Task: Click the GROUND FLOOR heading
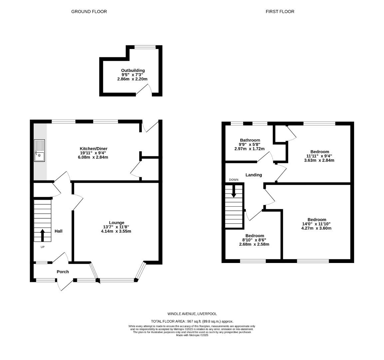pyautogui.click(x=89, y=12)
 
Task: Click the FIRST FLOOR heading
pyautogui.click(x=280, y=12)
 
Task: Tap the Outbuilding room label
pyautogui.click(x=133, y=70)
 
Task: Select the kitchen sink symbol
pyautogui.click(x=39, y=151)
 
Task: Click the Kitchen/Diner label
pyautogui.click(x=93, y=148)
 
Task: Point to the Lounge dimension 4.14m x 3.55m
pyautogui.click(x=116, y=231)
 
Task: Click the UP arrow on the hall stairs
pyautogui.click(x=42, y=235)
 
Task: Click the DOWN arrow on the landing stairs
pyautogui.click(x=233, y=191)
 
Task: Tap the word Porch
pyautogui.click(x=63, y=272)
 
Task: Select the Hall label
pyautogui.click(x=59, y=231)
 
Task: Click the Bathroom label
pyautogui.click(x=250, y=140)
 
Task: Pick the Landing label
pyautogui.click(x=254, y=175)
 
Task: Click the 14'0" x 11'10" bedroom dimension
pyautogui.click(x=316, y=224)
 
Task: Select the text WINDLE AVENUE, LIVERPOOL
pyautogui.click(x=192, y=314)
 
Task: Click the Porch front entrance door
pyautogui.click(x=65, y=285)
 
